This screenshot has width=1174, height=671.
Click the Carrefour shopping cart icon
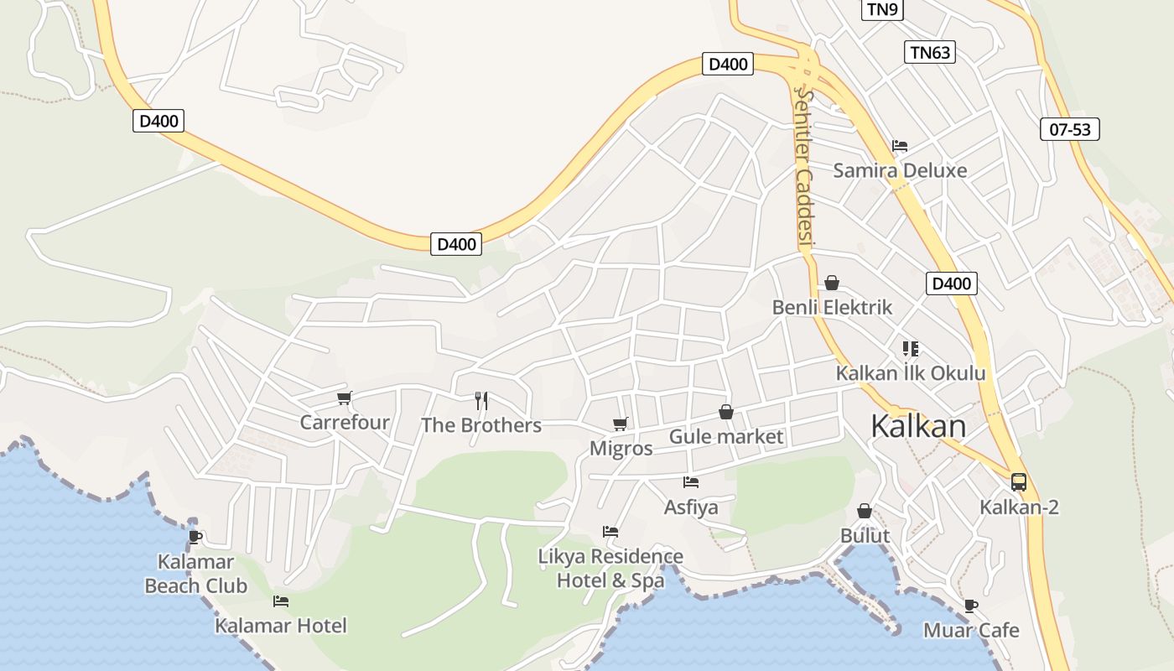click(x=344, y=398)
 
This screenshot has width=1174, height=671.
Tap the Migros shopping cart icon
click(x=621, y=424)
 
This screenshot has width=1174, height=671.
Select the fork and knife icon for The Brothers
click(x=481, y=401)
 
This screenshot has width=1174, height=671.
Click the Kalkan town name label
click(x=918, y=426)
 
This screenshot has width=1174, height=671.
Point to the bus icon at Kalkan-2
click(x=1019, y=482)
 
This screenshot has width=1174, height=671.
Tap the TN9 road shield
click(x=882, y=9)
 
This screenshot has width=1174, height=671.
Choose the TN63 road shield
click(x=931, y=52)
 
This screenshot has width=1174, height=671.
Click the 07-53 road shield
click(x=1070, y=129)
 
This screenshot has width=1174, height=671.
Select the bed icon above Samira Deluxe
click(x=900, y=146)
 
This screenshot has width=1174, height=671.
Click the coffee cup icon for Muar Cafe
click(x=971, y=606)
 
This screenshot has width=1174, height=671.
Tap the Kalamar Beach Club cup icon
click(x=195, y=537)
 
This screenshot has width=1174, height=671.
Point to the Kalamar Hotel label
click(x=281, y=625)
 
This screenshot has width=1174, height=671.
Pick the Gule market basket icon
click(x=726, y=412)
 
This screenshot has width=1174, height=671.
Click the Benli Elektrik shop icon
click(x=832, y=283)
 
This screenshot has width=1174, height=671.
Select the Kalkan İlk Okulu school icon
click(x=911, y=348)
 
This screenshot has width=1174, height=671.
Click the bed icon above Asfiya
click(x=691, y=482)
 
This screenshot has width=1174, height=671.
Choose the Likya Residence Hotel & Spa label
click(x=610, y=568)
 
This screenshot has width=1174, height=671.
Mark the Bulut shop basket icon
click(x=865, y=511)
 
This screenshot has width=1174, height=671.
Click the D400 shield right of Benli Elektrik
click(x=952, y=283)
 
